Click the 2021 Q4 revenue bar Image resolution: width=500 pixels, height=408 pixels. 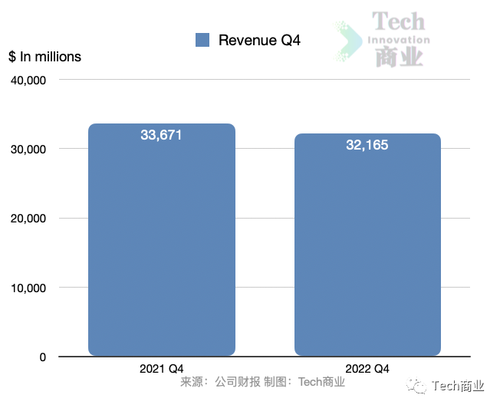(162, 245)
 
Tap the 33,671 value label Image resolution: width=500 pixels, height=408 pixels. (161, 135)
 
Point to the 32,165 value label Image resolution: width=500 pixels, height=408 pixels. (367, 144)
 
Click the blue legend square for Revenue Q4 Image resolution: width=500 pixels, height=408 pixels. (202, 40)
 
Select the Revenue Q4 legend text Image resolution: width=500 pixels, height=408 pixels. (259, 40)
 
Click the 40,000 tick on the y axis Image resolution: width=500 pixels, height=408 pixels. (28, 80)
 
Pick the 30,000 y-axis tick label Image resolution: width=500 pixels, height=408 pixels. (28, 149)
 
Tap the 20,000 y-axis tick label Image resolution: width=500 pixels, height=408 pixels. (28, 219)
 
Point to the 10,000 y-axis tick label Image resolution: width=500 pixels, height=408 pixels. (28, 288)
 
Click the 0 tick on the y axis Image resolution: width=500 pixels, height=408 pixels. (42, 357)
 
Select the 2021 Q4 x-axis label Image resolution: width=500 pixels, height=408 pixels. (161, 369)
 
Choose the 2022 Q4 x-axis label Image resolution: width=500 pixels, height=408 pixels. (367, 369)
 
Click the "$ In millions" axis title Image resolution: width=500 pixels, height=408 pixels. (44, 57)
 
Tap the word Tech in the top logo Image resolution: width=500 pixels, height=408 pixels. (398, 21)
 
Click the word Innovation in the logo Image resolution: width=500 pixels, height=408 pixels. (399, 40)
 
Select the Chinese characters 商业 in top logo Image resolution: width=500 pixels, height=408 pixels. (399, 58)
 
